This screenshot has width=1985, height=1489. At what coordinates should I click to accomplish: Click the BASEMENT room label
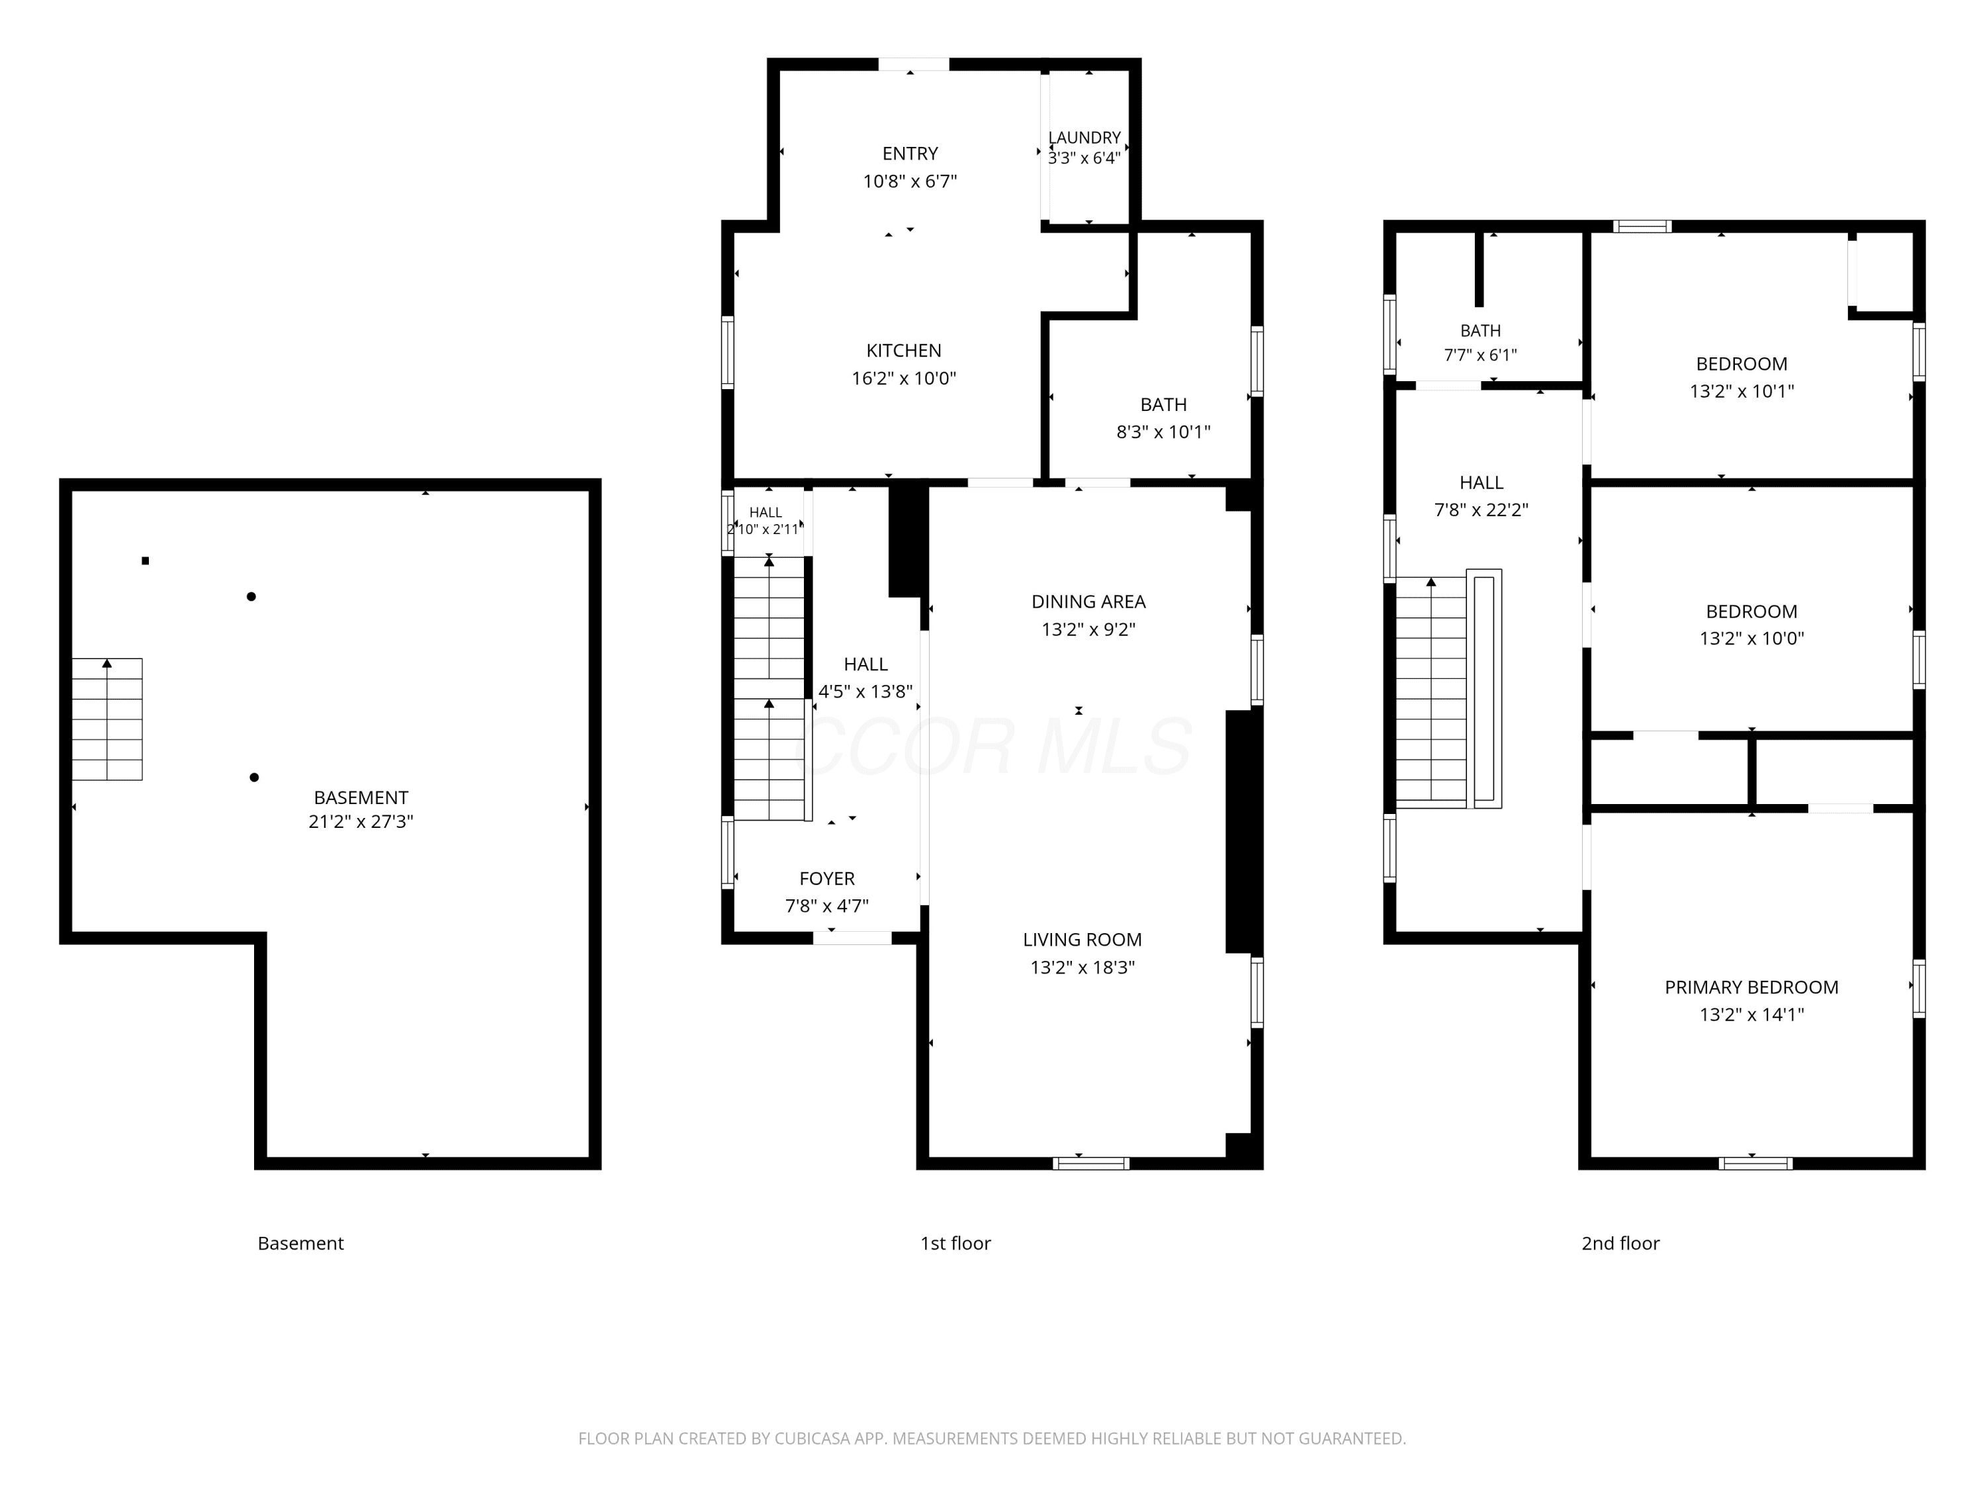tap(361, 797)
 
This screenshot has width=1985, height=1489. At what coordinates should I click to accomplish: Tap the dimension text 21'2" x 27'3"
tap(361, 821)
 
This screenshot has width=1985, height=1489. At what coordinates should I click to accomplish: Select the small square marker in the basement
tap(146, 561)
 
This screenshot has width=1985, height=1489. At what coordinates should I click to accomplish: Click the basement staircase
tap(107, 719)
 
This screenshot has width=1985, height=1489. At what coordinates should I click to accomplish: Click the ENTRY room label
tap(910, 154)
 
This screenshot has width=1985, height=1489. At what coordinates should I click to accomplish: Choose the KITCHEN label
tap(904, 351)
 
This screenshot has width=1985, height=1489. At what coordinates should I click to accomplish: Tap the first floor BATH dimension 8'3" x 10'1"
tap(1163, 431)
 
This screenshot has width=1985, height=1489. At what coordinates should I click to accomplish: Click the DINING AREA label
tap(1088, 602)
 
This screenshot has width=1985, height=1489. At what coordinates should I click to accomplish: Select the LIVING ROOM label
tap(1082, 940)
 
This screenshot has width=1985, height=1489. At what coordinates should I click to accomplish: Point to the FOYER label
tap(827, 879)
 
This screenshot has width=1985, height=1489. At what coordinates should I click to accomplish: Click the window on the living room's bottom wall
tap(1091, 1163)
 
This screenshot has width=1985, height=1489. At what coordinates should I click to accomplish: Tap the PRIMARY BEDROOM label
tap(1751, 987)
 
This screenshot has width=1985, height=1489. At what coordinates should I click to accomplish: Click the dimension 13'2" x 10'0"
tap(1751, 638)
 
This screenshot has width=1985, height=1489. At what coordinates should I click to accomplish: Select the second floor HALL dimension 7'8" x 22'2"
tap(1481, 510)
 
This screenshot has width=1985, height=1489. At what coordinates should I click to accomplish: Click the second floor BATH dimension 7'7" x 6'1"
tap(1481, 355)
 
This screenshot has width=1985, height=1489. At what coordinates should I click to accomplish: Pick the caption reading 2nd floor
tap(1620, 1243)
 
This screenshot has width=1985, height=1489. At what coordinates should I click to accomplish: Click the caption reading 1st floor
tap(955, 1243)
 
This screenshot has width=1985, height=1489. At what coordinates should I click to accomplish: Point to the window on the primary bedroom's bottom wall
tap(1756, 1163)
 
